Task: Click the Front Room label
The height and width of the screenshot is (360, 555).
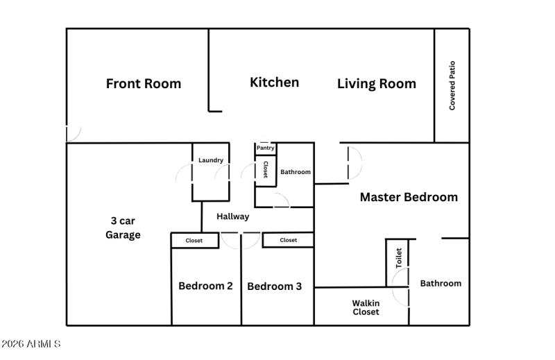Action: point(143,84)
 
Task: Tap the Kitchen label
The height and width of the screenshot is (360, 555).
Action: point(274,83)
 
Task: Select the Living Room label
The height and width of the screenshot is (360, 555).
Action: point(376,84)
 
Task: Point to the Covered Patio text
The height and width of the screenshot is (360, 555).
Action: point(452,86)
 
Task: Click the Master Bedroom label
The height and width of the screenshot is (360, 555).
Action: point(408,197)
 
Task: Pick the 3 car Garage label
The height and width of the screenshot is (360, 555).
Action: point(123,228)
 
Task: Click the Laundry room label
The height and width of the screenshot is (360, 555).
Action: point(211,160)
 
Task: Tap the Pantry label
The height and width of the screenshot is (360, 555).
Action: point(265,148)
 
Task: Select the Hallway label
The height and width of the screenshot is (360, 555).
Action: point(232,216)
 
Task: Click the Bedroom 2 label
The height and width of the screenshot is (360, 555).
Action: point(205,286)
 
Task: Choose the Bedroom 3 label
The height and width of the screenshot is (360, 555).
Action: point(274,286)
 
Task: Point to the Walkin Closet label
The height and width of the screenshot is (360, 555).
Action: point(366,307)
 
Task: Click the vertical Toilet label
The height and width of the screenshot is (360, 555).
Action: point(399,258)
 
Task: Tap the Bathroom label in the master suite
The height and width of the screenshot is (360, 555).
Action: point(440,283)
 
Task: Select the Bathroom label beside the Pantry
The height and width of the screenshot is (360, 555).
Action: point(295,172)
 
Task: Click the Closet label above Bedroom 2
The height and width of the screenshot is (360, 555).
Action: point(194,241)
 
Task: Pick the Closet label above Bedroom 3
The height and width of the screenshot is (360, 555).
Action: point(288,240)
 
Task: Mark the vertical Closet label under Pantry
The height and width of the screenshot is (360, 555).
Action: point(265,170)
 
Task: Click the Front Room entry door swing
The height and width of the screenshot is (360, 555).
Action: point(73,132)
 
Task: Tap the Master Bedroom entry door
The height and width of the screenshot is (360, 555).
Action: point(353,163)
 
